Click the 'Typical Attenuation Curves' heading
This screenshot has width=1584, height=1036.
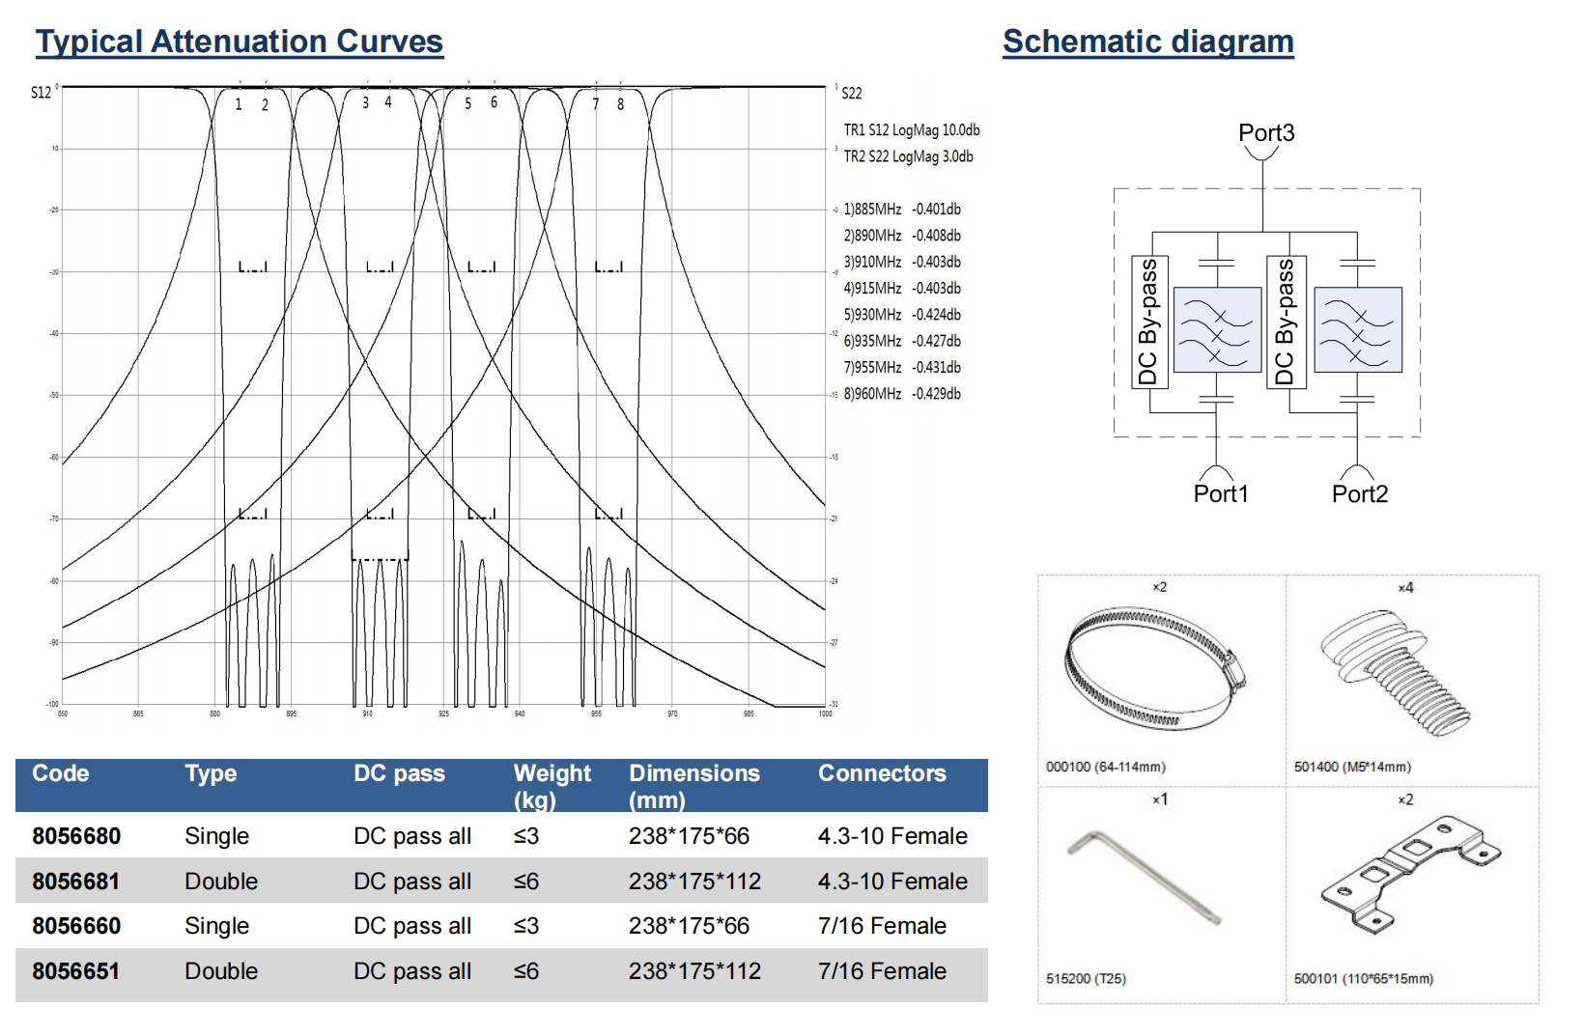pos(240,42)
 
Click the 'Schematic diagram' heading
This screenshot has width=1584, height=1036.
pos(1147,42)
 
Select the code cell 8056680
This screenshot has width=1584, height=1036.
pos(76,836)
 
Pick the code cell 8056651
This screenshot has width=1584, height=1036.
pos(76,971)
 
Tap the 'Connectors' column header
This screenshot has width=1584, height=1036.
pos(882,773)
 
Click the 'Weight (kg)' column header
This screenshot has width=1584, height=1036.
pos(552,786)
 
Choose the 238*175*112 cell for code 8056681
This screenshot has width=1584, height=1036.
pos(694,882)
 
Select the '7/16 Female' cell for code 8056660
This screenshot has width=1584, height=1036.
pos(882,926)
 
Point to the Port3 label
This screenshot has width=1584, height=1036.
pos(1266,133)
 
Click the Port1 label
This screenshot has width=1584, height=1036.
pos(1221,494)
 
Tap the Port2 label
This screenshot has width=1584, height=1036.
pos(1359,494)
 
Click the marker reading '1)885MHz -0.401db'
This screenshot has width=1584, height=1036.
pos(902,210)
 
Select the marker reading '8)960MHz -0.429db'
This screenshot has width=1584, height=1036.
pos(902,394)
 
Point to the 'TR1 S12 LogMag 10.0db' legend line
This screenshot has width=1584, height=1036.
pos(911,130)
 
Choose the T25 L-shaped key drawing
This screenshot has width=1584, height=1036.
pos(1145,877)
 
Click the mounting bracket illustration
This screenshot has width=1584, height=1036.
pos(1410,874)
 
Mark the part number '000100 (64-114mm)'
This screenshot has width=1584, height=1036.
pos(1105,767)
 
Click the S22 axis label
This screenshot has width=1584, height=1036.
pos(851,94)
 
